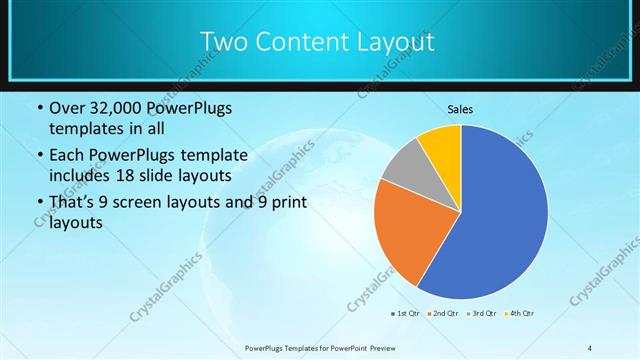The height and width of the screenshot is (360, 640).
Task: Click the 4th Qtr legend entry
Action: pos(519,314)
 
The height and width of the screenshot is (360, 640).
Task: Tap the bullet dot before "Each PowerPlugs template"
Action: pos(39,155)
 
